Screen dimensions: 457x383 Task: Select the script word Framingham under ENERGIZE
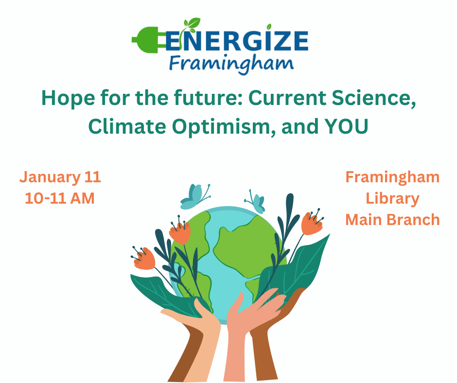click(231, 64)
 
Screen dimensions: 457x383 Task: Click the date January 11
click(60, 177)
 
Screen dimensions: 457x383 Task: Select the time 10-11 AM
click(60, 198)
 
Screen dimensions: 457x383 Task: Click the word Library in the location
click(392, 199)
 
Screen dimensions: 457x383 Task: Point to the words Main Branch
click(392, 220)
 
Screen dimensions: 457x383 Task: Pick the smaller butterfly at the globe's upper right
click(256, 201)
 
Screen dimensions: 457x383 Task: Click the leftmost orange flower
click(144, 259)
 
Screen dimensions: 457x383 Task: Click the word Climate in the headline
click(127, 126)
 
